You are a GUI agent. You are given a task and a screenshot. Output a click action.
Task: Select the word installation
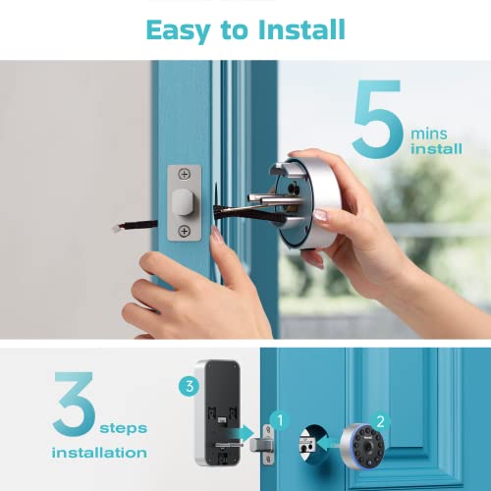(x=100, y=453)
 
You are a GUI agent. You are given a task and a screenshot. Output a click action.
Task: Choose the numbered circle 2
(x=382, y=420)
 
